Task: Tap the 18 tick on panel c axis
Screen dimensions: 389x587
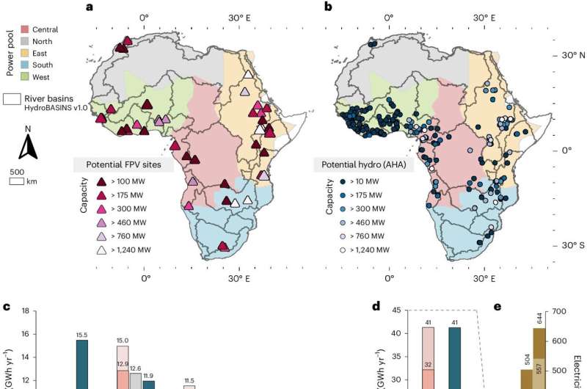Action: point(25,311)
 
